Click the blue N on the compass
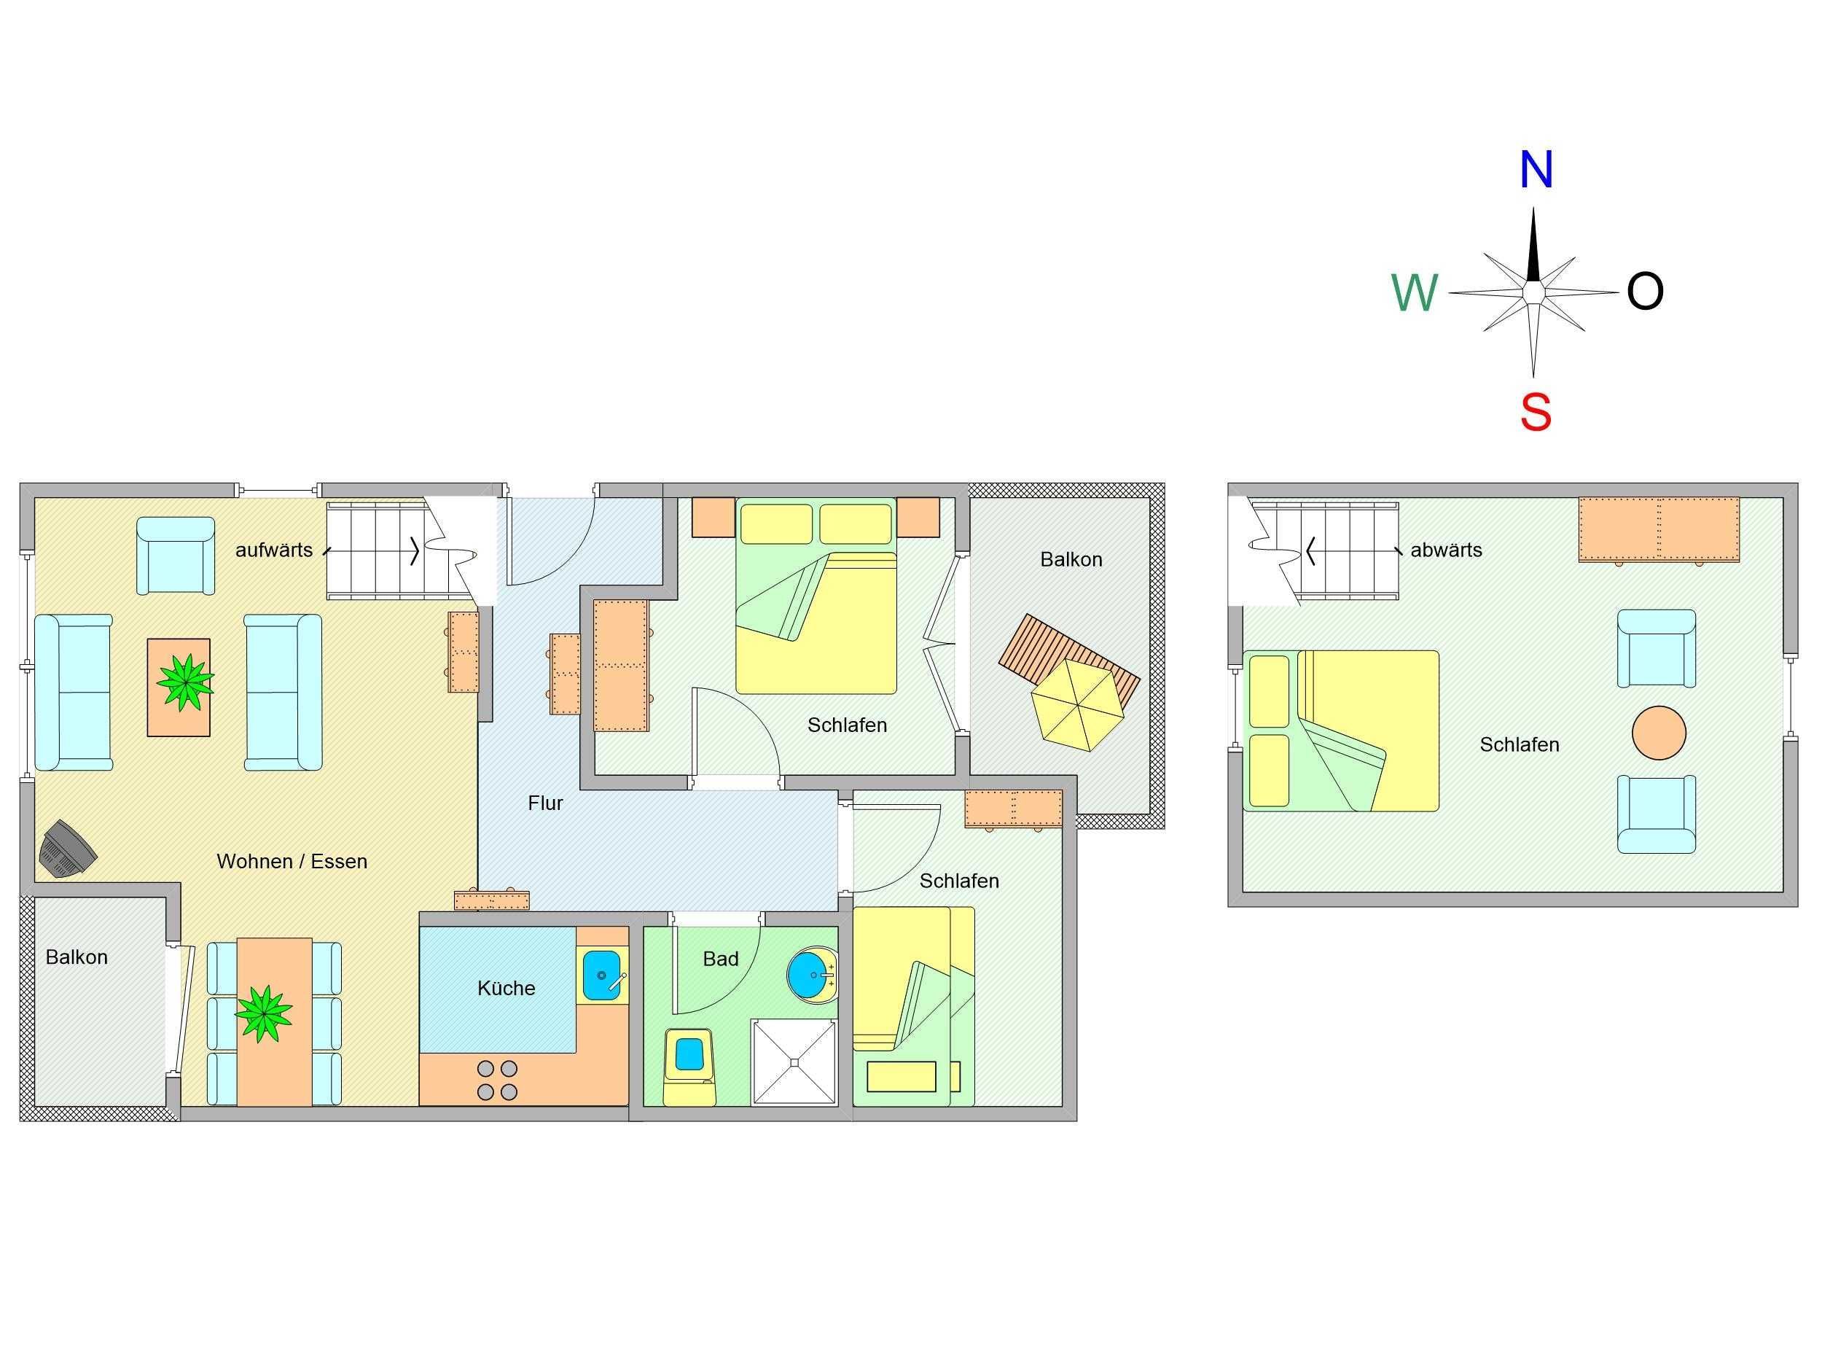pyautogui.click(x=1536, y=170)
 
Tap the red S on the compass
pyautogui.click(x=1536, y=412)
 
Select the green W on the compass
pyautogui.click(x=1415, y=292)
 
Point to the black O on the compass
pyautogui.click(x=1645, y=291)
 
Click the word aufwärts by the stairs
pyautogui.click(x=273, y=550)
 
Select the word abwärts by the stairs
pyautogui.click(x=1447, y=550)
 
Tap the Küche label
pyautogui.click(x=506, y=988)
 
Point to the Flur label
pyautogui.click(x=545, y=803)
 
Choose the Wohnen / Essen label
pyautogui.click(x=292, y=861)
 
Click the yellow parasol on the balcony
pyautogui.click(x=1077, y=705)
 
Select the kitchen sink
pyautogui.click(x=602, y=975)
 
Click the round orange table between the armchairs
pyautogui.click(x=1659, y=733)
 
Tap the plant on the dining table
pyautogui.click(x=264, y=1013)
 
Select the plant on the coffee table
pyautogui.click(x=186, y=682)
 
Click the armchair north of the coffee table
pyautogui.click(x=176, y=556)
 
